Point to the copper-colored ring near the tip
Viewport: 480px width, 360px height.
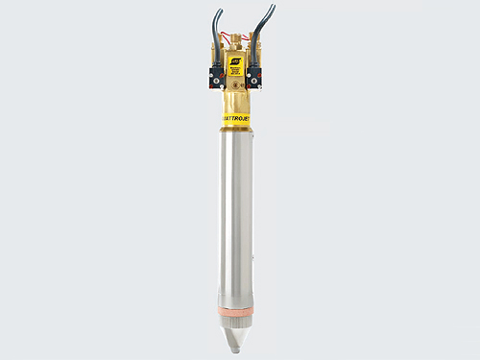coord(236,310)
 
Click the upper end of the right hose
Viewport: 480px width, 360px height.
coord(273,7)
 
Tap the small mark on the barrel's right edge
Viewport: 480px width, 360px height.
coord(254,257)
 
